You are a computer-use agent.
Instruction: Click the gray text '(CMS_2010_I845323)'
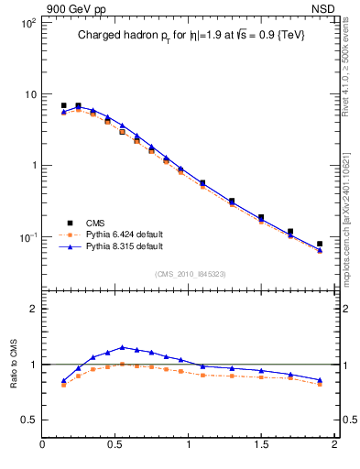click(190, 273)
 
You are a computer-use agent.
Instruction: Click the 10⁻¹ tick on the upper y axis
click(27, 237)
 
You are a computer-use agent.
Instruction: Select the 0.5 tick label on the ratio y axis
click(27, 420)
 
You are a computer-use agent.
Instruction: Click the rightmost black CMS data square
click(320, 244)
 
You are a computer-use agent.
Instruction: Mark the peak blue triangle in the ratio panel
click(122, 347)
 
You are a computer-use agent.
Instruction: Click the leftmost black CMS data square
click(63, 105)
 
